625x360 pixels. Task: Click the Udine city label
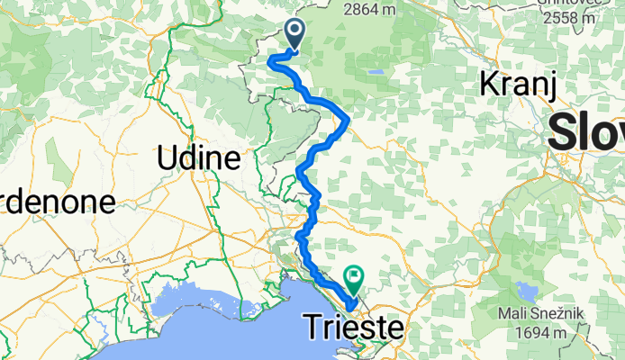pyautogui.click(x=198, y=159)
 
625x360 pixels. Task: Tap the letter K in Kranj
pyautogui.click(x=490, y=85)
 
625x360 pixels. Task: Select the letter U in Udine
pyautogui.click(x=166, y=159)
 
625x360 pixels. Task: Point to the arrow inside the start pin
pyautogui.click(x=295, y=32)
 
